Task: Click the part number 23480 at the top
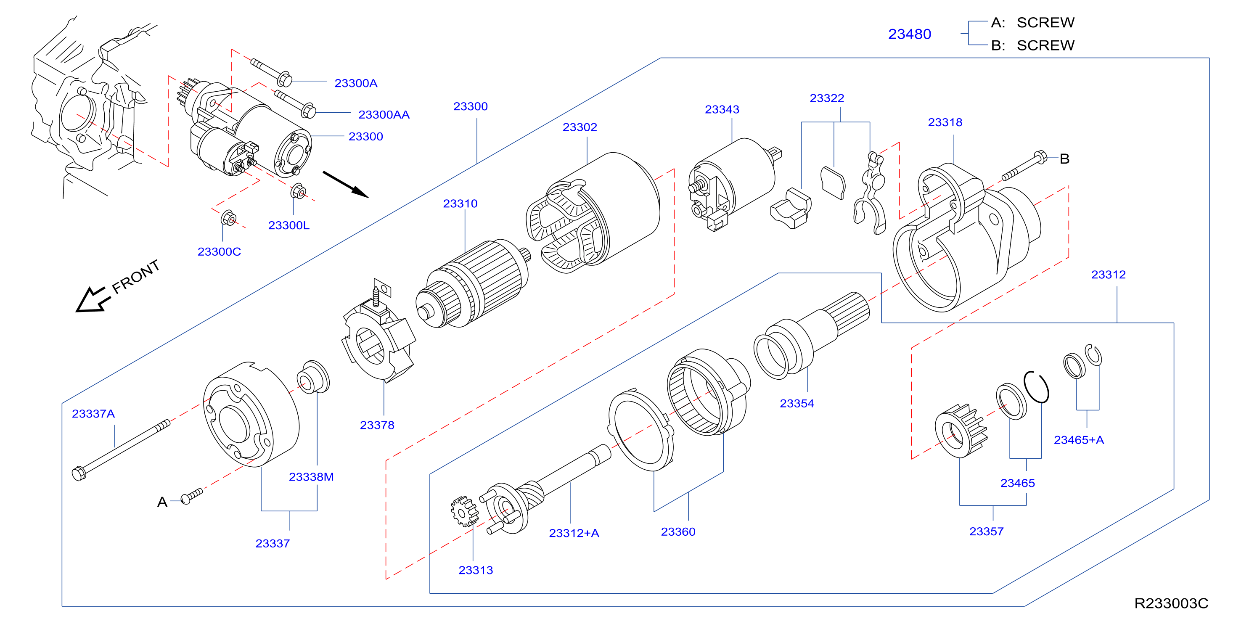[909, 34]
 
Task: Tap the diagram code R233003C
[1171, 603]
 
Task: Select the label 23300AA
[384, 115]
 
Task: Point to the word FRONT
[136, 277]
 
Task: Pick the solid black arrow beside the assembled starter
[346, 185]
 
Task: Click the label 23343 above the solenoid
[722, 109]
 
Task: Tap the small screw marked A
[191, 496]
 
